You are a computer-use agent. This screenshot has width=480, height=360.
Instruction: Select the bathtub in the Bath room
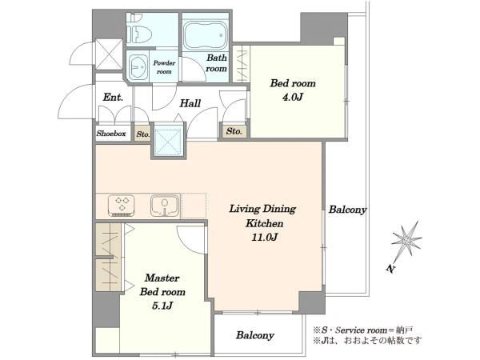[206, 35]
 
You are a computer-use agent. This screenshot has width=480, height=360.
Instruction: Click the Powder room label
[164, 67]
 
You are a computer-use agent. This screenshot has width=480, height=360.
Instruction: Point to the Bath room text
[217, 62]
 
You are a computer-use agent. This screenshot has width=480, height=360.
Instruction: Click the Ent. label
[113, 98]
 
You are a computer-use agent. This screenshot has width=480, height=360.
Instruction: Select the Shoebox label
[111, 134]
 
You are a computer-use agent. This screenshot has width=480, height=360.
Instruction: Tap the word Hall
[190, 103]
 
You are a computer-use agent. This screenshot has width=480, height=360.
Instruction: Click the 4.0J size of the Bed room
[292, 98]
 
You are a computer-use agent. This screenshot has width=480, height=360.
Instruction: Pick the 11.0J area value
[265, 238]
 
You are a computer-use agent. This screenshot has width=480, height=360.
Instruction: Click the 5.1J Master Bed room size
[162, 306]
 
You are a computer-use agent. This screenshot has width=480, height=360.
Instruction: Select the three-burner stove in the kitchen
[122, 205]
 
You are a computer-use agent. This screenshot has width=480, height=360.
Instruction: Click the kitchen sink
[165, 206]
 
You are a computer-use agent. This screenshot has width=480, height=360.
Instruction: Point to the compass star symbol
[406, 239]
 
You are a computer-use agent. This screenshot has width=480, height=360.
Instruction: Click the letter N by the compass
[390, 269]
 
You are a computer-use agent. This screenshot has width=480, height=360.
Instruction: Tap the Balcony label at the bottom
[254, 335]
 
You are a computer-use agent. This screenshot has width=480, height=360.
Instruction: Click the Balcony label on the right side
[347, 210]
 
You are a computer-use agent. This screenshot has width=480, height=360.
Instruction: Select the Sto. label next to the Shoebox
[143, 134]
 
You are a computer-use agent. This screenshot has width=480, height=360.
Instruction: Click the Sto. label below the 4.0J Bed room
[234, 131]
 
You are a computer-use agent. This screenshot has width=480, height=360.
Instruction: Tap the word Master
[162, 278]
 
